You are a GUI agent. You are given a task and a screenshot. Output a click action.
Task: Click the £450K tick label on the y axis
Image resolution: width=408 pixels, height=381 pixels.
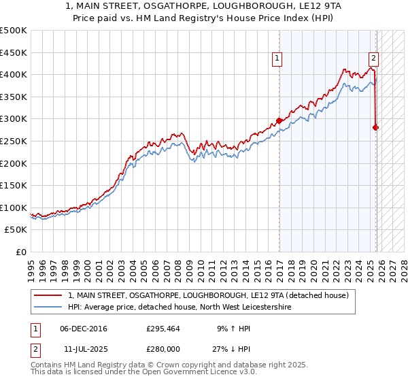point(14,52)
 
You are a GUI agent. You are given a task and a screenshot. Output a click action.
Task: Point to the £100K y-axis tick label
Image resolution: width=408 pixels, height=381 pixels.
point(14,208)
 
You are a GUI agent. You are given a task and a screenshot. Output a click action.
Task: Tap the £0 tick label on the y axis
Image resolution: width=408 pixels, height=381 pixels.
point(21,252)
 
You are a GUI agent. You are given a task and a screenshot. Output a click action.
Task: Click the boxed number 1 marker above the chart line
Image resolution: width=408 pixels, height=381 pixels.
point(279,59)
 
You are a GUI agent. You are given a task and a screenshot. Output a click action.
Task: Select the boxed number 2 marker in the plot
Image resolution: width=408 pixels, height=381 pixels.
point(374,59)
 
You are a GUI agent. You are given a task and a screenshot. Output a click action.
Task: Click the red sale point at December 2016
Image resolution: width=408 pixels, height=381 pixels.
point(279,120)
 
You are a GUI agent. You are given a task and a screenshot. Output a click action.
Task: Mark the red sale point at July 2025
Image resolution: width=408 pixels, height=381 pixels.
point(376,127)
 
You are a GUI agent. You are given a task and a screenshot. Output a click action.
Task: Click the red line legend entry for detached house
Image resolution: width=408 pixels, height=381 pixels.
point(208,295)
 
